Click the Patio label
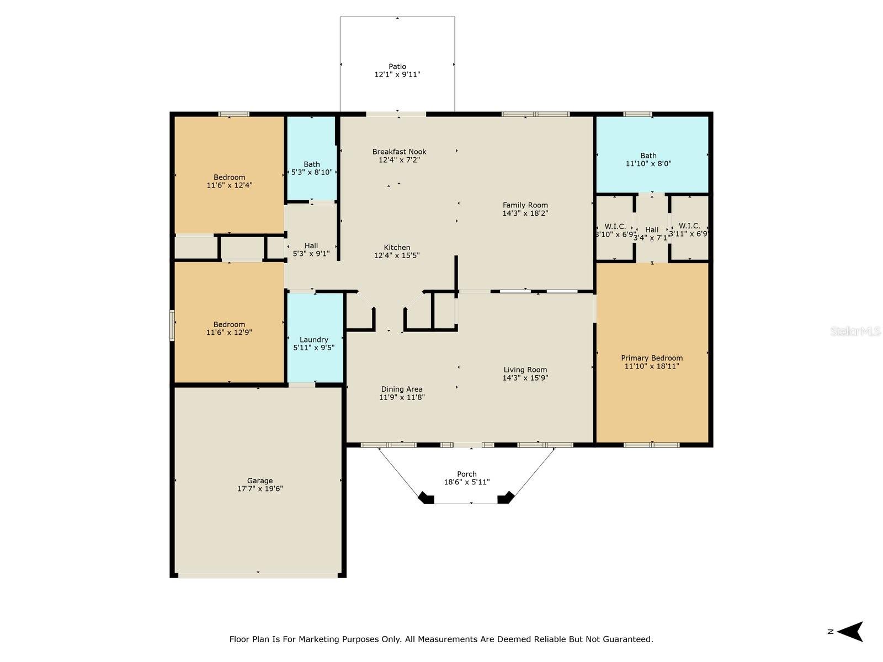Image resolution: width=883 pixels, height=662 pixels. click(397, 67)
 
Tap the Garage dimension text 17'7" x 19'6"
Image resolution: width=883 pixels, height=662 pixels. click(260, 489)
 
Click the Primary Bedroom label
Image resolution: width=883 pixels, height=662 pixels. click(652, 358)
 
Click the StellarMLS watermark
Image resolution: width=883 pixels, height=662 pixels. click(855, 332)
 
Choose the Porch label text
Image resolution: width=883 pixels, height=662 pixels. click(467, 474)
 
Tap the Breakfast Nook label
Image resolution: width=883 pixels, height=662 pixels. click(399, 152)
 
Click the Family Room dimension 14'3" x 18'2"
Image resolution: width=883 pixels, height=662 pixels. click(525, 213)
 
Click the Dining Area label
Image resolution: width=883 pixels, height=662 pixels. click(401, 389)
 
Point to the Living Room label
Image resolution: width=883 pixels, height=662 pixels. click(525, 370)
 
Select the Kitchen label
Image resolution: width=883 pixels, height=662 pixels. click(397, 248)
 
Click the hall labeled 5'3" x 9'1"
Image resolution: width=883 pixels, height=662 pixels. click(311, 249)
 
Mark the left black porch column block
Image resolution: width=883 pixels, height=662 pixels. click(426, 498)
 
